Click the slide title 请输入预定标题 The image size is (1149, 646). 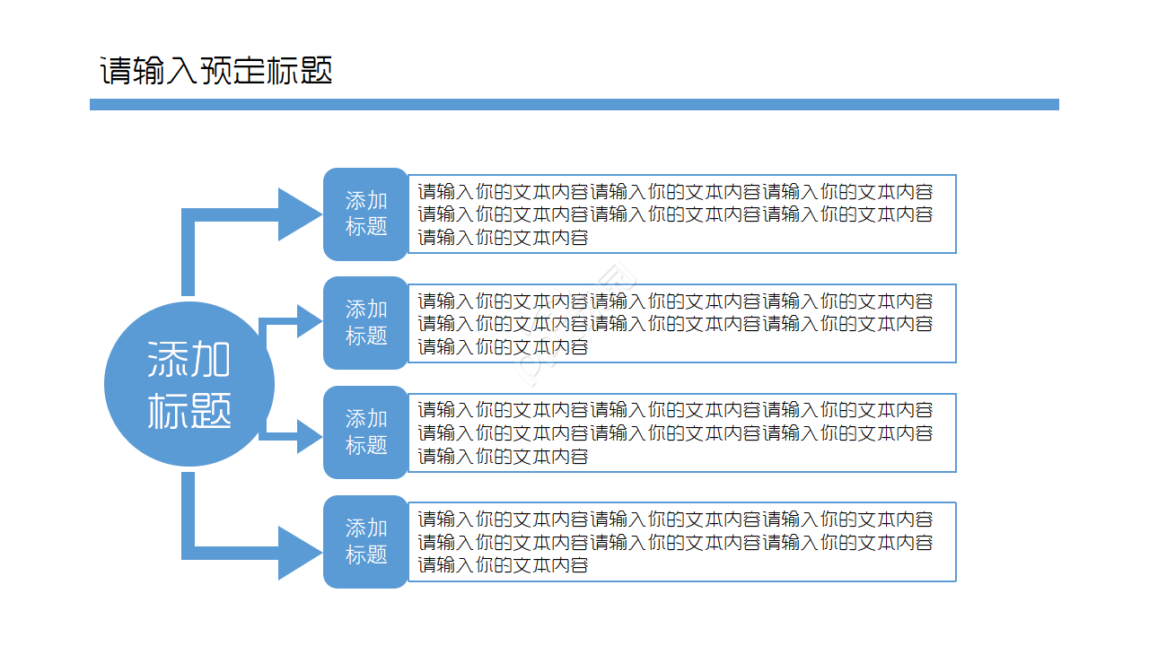pyautogui.click(x=215, y=71)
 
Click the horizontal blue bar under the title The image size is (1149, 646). pyautogui.click(x=574, y=105)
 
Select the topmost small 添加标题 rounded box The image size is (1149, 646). pyautogui.click(x=365, y=214)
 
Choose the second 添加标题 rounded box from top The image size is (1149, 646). pyautogui.click(x=365, y=323)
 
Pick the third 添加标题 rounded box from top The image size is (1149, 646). pyautogui.click(x=365, y=432)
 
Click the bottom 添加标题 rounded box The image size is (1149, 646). pyautogui.click(x=365, y=542)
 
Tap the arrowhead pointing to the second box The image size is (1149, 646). pyautogui.click(x=308, y=321)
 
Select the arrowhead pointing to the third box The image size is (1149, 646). pyautogui.click(x=308, y=436)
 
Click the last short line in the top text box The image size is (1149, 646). pyautogui.click(x=503, y=238)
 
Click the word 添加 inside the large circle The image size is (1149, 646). pyautogui.click(x=189, y=360)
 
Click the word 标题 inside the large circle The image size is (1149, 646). pyautogui.click(x=189, y=410)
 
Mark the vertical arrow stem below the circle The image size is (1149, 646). pyautogui.click(x=189, y=511)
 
